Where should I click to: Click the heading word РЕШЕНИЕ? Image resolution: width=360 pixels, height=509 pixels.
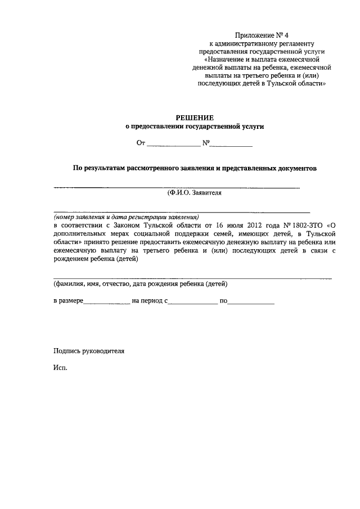(x=194, y=118)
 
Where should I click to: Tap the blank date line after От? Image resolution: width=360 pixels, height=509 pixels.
(x=173, y=145)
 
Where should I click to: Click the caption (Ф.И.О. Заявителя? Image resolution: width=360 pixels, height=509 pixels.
(x=194, y=192)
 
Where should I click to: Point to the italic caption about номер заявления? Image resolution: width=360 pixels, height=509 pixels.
(x=127, y=217)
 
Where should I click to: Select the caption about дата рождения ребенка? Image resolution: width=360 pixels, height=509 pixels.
(x=141, y=284)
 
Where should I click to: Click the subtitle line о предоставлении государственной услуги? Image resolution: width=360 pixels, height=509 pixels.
(x=194, y=127)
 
